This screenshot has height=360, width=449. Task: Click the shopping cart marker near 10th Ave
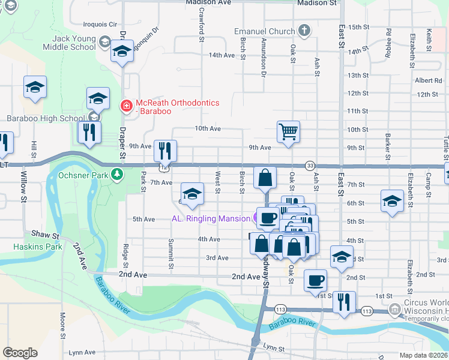[289, 132]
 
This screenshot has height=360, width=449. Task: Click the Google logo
[20, 352]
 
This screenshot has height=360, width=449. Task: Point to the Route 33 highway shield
[310, 166]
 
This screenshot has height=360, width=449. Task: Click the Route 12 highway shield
[163, 166]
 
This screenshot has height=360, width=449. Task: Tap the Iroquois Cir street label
[100, 25]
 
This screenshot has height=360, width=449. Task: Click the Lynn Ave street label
[82, 353]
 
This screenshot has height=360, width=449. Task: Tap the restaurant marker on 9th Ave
[164, 150]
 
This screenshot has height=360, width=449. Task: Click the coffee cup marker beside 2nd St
[315, 280]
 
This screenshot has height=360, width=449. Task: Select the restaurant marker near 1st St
[343, 302]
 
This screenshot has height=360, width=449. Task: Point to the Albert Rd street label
[428, 80]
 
